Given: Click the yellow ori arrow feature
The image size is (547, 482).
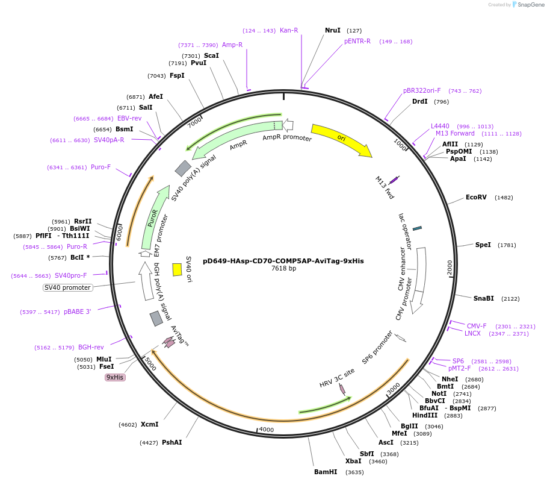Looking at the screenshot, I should pos(341,140).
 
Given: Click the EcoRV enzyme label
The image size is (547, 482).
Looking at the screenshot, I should pos(476,198).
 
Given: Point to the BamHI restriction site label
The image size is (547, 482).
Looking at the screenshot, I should pos(326,472).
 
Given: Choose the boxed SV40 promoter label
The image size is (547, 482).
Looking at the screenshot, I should pos(68,287).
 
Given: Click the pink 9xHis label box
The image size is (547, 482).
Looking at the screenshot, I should pos(114,377).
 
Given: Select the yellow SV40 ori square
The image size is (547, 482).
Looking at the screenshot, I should pos(177,269).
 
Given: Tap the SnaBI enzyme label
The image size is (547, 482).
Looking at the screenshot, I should pos(483,298).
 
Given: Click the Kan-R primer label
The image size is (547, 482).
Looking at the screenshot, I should pos(289,30).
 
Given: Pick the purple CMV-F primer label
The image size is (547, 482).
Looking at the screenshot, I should pos(477,326).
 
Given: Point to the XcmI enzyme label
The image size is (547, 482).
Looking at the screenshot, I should pos(149,424).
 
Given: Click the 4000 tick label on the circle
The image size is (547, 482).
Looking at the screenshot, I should pos(266,430).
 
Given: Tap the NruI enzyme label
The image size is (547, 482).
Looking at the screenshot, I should pos(332,30).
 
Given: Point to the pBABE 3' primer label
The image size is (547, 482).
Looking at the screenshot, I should pos(78,311).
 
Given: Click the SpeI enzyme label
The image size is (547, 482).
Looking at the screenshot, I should pos(483,245).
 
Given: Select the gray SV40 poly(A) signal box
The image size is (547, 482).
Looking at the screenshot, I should pos(183,168).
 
